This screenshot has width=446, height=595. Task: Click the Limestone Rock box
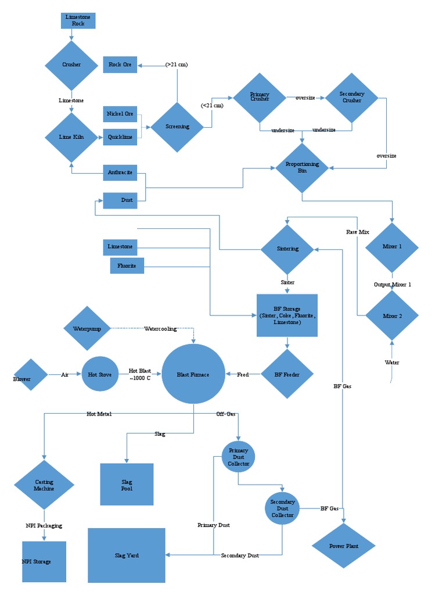[x=78, y=21]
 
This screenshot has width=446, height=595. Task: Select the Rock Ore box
[x=120, y=64]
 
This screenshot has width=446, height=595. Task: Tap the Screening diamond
[x=177, y=127]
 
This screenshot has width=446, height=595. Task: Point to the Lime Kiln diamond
[x=71, y=137]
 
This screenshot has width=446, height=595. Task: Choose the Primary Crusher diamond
[x=260, y=98]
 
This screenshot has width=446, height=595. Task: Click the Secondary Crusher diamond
[x=351, y=98]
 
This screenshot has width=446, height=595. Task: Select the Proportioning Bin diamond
[x=302, y=168]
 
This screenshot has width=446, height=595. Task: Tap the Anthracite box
[x=120, y=173]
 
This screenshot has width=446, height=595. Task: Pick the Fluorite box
[x=127, y=266]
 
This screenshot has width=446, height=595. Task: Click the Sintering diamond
[x=287, y=249]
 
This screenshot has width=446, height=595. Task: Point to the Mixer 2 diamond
[x=392, y=316]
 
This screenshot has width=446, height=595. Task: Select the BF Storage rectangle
[x=287, y=316]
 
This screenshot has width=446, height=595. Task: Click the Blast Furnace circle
[x=193, y=374]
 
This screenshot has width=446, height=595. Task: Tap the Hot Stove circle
[x=100, y=375]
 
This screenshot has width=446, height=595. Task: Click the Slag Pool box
[x=127, y=485]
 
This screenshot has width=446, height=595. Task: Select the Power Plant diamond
[x=344, y=546]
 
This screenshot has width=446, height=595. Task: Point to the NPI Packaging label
[x=44, y=526]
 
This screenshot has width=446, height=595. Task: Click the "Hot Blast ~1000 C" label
[x=139, y=374]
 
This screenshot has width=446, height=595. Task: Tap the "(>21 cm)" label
[x=177, y=64]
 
